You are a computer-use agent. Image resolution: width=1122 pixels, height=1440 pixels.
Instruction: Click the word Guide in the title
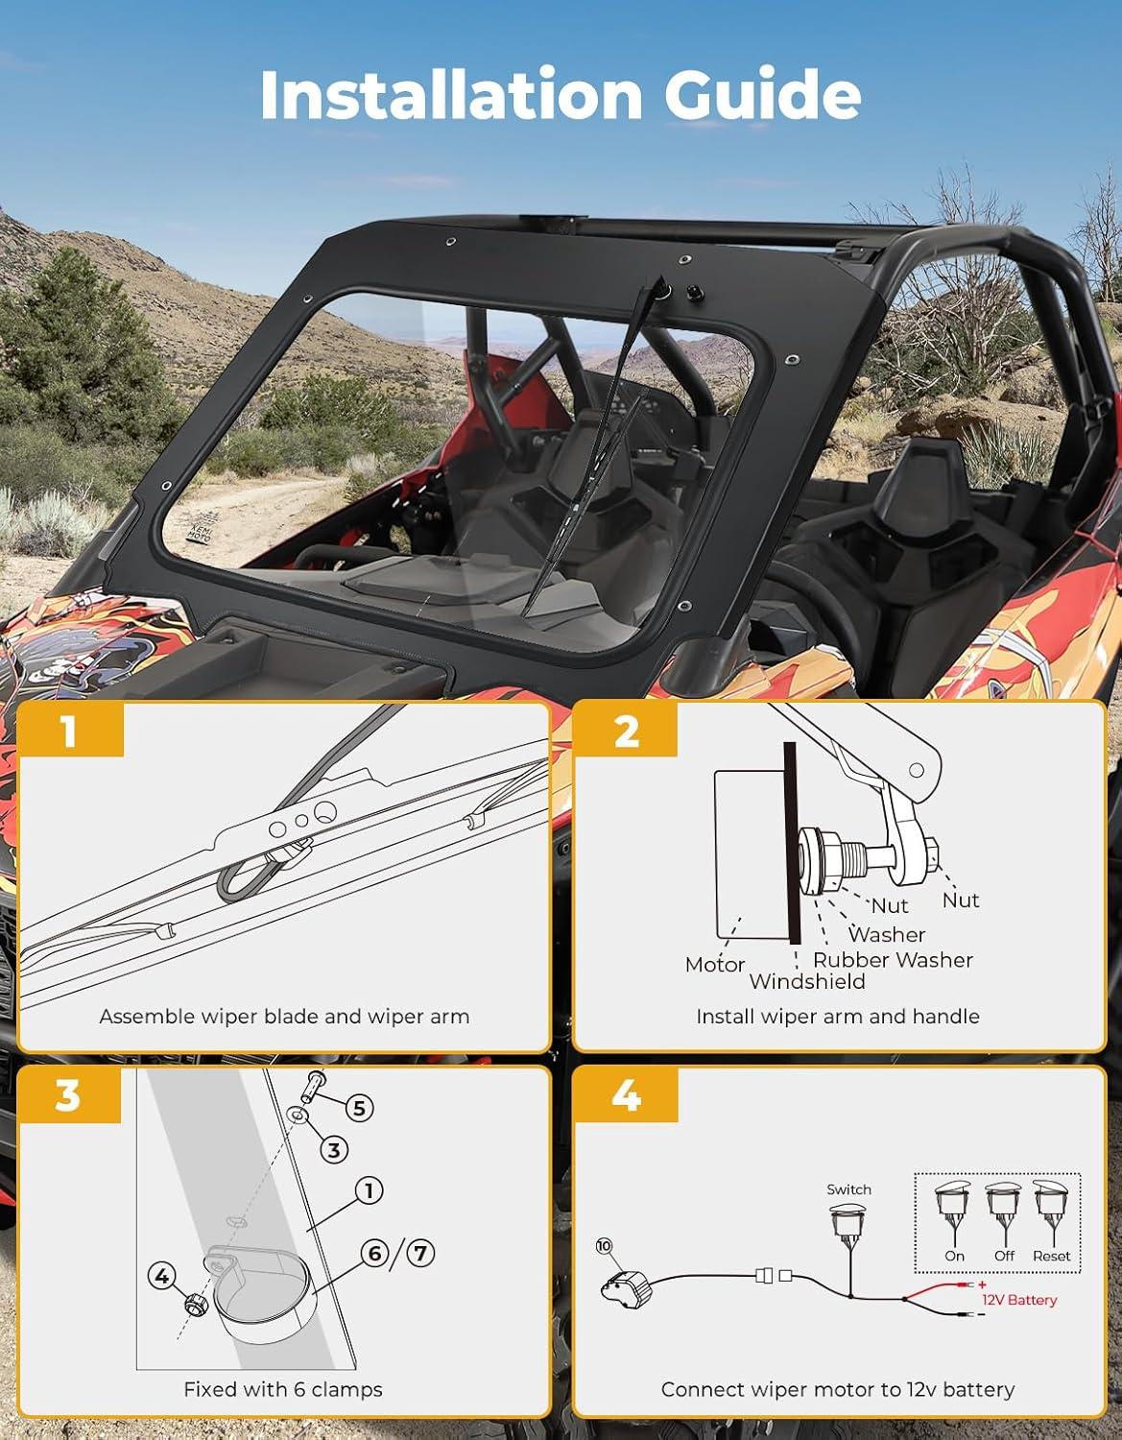coord(762,93)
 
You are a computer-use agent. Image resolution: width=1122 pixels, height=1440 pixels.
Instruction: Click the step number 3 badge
coord(69,1096)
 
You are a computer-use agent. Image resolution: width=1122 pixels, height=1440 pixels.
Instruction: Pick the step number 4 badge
coord(626,1096)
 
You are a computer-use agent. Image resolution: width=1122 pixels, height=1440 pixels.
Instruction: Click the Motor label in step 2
coord(715,965)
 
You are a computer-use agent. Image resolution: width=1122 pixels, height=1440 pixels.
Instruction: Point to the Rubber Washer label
coord(893,960)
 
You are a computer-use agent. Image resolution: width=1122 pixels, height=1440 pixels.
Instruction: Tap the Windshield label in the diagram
coord(807,981)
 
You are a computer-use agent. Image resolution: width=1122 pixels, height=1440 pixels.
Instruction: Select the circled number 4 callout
coord(162,1275)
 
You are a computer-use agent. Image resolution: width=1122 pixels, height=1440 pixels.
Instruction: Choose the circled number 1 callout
coord(369,1190)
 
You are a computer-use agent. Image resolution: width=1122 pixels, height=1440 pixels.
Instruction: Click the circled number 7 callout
coord(420,1253)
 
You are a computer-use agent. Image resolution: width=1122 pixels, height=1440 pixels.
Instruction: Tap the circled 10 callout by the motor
coord(604,1246)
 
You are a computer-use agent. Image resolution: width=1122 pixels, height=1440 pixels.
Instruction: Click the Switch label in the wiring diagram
coord(848,1189)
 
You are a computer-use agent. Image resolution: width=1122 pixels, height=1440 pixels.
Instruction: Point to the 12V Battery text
coord(1018,1300)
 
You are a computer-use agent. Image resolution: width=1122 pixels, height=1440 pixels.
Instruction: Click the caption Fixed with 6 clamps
coord(283,1389)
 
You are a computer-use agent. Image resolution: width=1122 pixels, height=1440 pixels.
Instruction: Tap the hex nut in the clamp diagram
coord(196,1304)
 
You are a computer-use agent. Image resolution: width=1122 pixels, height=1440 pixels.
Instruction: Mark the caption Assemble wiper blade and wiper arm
coord(284,1016)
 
